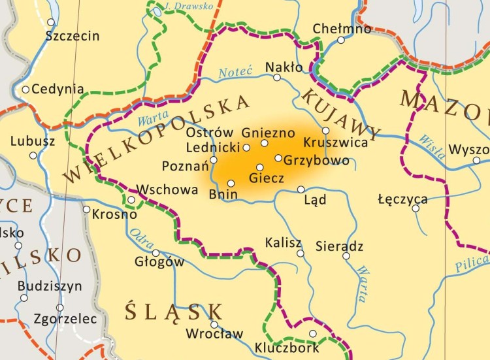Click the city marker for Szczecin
pyautogui.click(x=51, y=22)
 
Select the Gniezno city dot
pyautogui.click(x=265, y=143)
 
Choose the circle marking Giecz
pyautogui.click(x=259, y=167)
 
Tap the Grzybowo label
pyautogui.click(x=317, y=161)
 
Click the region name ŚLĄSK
pyautogui.click(x=174, y=310)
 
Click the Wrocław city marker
pyautogui.click(x=214, y=324)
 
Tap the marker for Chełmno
pyautogui.click(x=340, y=40)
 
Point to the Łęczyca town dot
pyautogui.click(x=416, y=208)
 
